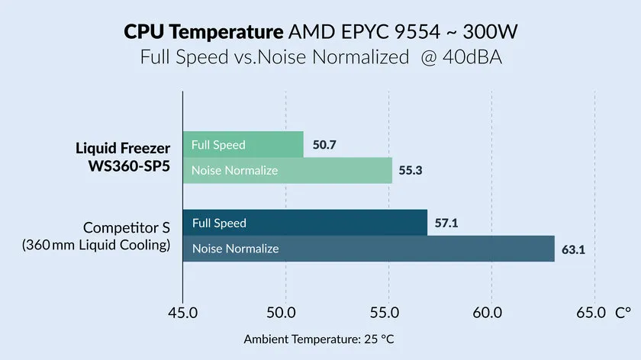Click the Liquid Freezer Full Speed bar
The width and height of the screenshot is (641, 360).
(243, 145)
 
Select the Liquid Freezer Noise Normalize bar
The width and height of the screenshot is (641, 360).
(287, 170)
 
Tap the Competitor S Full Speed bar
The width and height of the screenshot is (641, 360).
(304, 223)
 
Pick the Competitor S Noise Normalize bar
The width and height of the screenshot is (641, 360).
(369, 249)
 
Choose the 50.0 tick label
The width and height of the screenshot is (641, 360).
(285, 313)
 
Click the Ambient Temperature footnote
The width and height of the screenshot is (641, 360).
(320, 339)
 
